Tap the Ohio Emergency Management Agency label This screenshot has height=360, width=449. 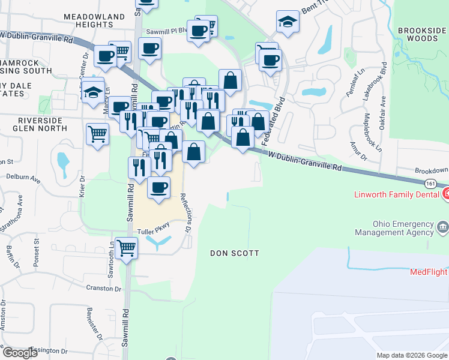pos(394,227)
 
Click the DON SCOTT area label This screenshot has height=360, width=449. pos(235,253)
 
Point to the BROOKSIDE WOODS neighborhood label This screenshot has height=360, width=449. pos(421,34)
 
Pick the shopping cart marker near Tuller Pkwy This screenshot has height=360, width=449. pos(126,247)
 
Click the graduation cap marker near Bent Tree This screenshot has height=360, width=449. pos(288,22)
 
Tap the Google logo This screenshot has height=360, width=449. pos(20,353)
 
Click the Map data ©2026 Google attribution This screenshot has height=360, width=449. pos(411,355)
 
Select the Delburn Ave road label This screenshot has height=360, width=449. pos(23,179)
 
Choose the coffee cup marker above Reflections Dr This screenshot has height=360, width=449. pos(158,187)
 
